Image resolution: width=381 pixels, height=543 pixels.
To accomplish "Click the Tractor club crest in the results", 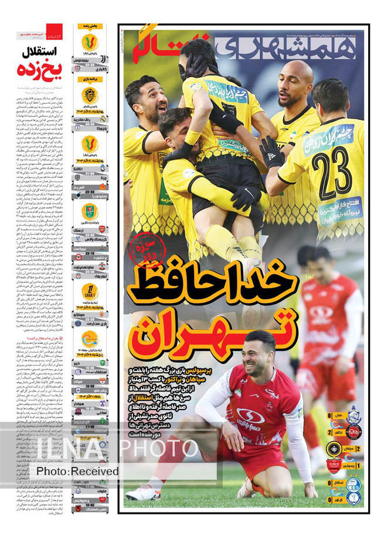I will (x=353, y=432).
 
